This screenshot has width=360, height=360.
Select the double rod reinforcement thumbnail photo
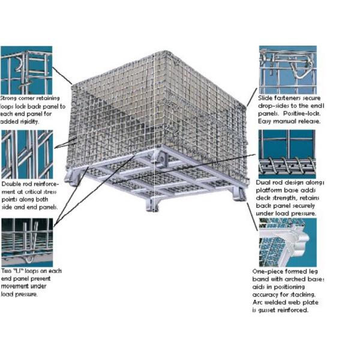[26, 154]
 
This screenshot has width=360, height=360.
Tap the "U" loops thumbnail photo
[26, 242]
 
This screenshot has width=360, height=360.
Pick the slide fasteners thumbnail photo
[287, 69]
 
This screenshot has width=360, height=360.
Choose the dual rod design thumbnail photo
[287, 154]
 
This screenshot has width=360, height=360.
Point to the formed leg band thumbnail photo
[287, 242]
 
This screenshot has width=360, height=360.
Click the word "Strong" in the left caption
[10, 97]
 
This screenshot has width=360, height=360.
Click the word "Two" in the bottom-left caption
[7, 271]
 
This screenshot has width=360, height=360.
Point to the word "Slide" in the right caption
[266, 97]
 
